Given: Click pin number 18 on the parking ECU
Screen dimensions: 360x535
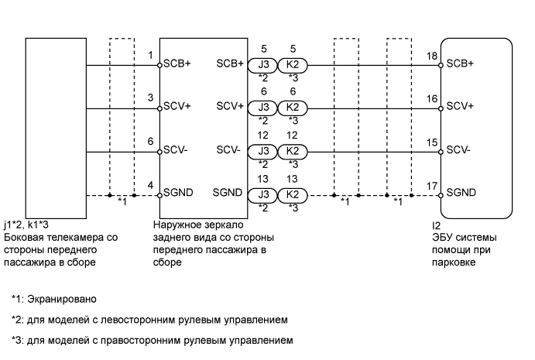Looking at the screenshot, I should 431,57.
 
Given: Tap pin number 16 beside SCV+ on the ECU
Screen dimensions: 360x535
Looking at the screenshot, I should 431,99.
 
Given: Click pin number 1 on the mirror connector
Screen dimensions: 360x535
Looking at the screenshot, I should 150,56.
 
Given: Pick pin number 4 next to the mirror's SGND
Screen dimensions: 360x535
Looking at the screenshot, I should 150,186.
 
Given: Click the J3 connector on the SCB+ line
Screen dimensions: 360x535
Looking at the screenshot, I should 264,65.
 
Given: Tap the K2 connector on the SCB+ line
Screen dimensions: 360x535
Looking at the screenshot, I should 292,65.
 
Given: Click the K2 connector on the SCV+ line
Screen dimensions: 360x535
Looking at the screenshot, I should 292,108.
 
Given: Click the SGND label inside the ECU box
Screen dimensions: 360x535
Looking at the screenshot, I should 461,193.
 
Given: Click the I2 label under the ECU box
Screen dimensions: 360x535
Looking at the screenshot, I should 437,227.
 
